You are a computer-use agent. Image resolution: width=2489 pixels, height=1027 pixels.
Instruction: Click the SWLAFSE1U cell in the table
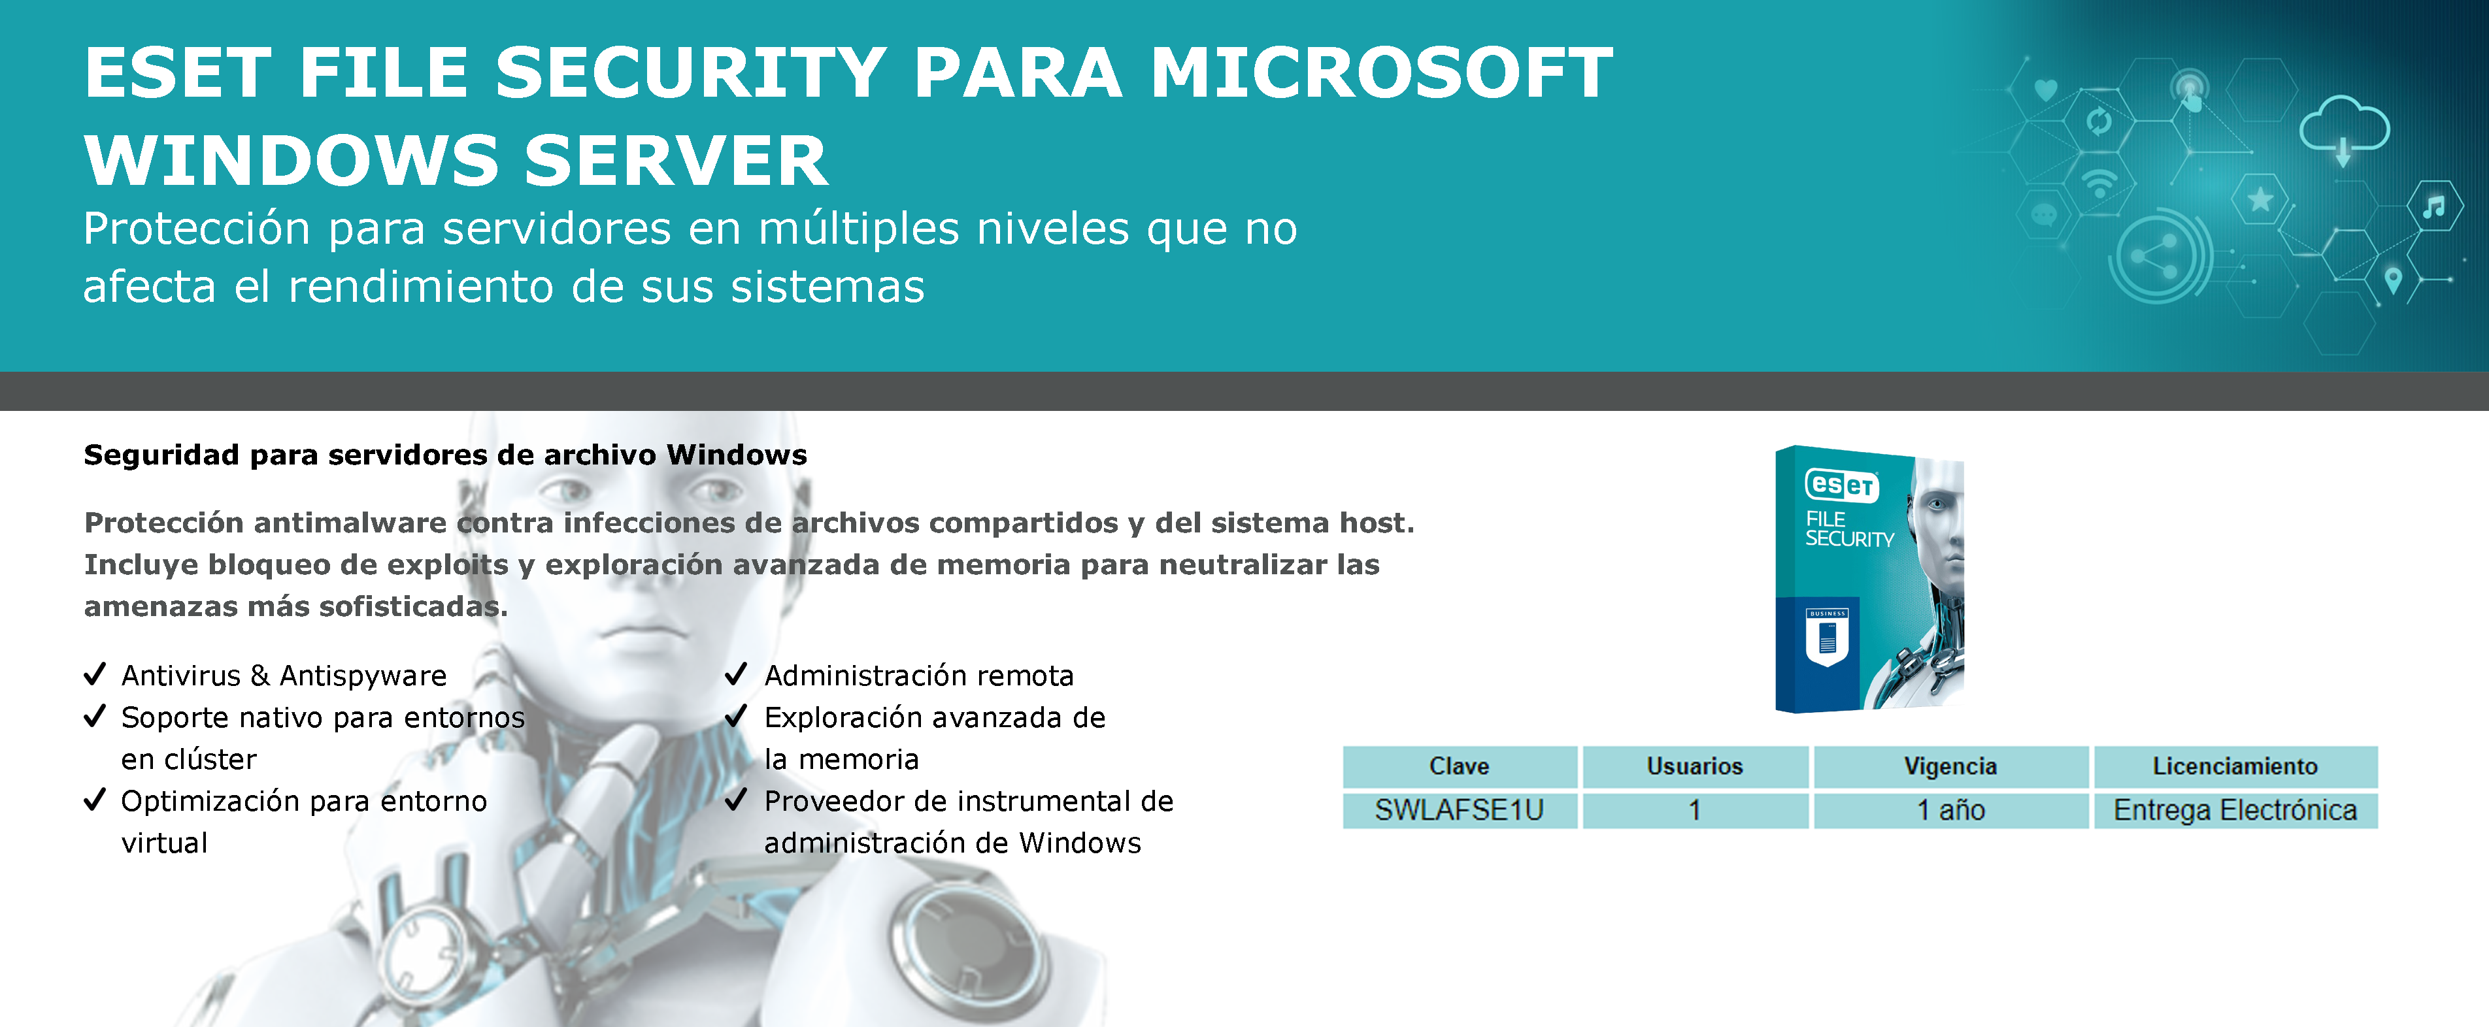pos(1459,809)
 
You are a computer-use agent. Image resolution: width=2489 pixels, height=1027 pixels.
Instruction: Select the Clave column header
pos(1459,766)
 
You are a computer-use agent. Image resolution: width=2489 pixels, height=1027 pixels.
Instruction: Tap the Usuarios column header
pos(1695,766)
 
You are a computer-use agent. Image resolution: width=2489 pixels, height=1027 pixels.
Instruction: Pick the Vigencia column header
pos(1950,766)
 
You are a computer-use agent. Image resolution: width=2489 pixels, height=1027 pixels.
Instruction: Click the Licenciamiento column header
pos(2235,766)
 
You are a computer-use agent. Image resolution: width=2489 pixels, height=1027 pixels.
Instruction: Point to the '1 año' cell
pos(1950,809)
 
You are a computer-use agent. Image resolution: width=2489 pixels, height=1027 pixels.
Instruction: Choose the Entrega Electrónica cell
pos(2235,809)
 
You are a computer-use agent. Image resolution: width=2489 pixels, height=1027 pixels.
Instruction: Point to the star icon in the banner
pos(2260,200)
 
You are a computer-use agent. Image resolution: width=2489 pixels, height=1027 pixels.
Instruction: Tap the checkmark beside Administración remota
pos(736,674)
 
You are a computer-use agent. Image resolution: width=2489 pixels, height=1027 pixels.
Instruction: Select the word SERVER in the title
pos(677,160)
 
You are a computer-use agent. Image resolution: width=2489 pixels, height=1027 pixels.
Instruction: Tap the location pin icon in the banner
pos(2394,280)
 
